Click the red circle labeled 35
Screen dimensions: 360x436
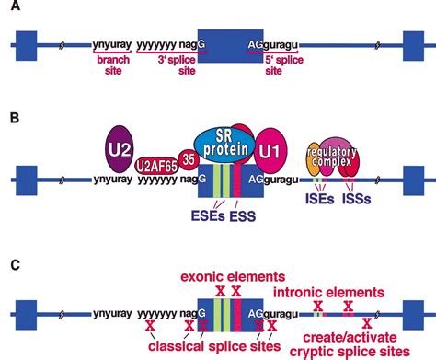click(x=189, y=159)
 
